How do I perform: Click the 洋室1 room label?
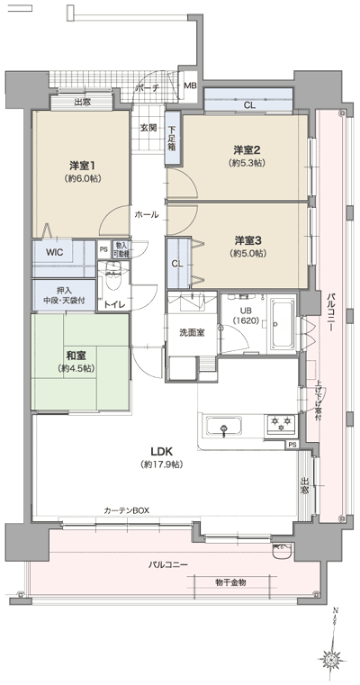click(82, 166)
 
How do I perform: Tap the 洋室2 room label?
click(246, 150)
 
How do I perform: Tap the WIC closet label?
click(53, 253)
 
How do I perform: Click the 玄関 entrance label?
click(148, 128)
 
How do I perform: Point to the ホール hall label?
click(147, 215)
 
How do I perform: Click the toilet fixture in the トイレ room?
click(113, 281)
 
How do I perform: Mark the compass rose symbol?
click(332, 660)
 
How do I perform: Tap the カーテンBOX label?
click(125, 510)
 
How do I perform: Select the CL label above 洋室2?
click(248, 105)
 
